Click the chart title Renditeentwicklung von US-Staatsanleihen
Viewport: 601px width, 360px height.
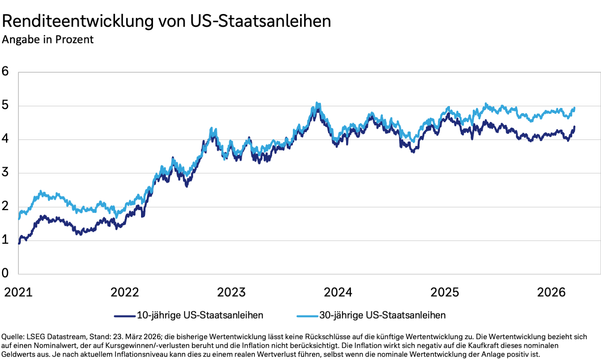(166, 21)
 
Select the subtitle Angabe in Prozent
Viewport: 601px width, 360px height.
(48, 40)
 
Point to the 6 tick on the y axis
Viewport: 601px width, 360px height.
(5, 71)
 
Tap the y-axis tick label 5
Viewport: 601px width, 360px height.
(5, 105)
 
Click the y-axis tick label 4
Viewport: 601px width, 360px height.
(5, 139)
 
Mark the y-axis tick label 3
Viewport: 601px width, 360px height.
(5, 172)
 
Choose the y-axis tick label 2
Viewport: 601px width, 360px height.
(5, 206)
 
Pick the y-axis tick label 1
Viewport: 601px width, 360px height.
(5, 240)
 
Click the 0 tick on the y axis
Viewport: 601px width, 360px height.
(5, 273)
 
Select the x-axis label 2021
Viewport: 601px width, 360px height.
(18, 292)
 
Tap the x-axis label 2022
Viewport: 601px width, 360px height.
(125, 292)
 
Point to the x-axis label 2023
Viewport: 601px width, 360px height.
(231, 292)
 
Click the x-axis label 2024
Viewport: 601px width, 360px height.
(338, 292)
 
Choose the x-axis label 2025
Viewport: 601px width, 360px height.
(444, 292)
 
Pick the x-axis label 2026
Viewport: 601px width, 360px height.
(551, 292)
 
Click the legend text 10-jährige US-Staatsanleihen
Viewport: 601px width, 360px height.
(200, 316)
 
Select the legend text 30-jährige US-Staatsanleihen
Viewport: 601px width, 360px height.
(382, 316)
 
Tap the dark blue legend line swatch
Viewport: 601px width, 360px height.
(125, 316)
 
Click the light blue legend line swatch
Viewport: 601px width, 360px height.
(307, 316)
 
